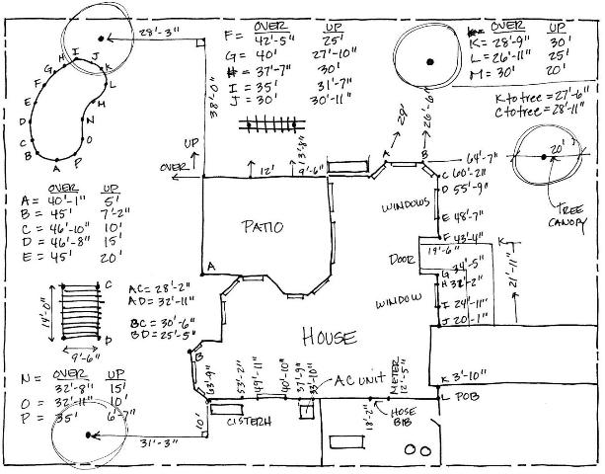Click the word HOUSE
tap(328, 337)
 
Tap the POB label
tap(469, 397)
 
